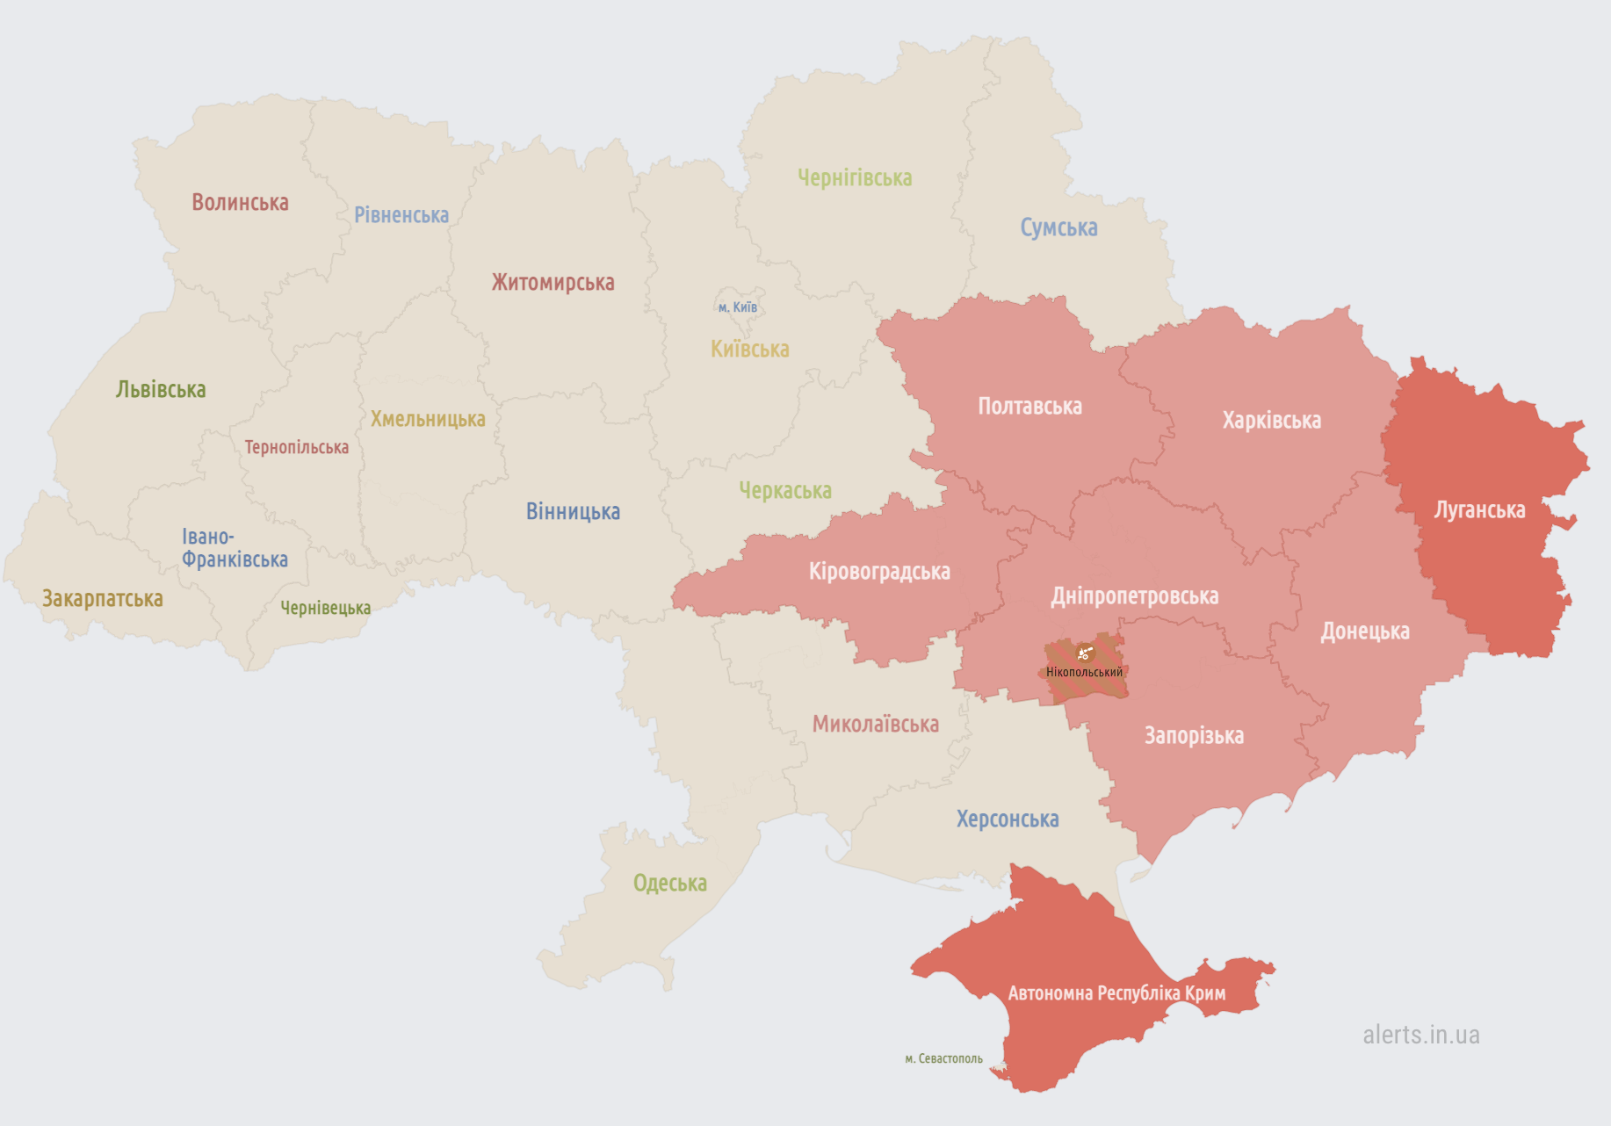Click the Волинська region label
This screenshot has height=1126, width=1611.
(x=240, y=202)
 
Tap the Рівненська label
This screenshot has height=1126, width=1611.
(x=401, y=215)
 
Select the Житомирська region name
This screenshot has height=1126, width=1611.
(x=553, y=283)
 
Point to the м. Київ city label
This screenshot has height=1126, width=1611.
(x=738, y=307)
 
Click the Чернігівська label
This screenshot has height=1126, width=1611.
(x=855, y=178)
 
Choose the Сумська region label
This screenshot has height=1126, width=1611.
(x=1058, y=227)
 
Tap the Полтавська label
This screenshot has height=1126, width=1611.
(x=1029, y=407)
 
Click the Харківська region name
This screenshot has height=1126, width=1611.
(x=1271, y=421)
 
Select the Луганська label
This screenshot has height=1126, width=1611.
(x=1479, y=510)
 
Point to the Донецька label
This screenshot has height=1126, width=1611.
(x=1365, y=632)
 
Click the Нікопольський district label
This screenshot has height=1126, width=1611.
(x=1084, y=673)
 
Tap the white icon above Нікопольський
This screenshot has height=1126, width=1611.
(x=1084, y=653)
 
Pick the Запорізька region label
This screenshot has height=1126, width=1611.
(x=1194, y=736)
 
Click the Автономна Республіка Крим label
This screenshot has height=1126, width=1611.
(x=1116, y=993)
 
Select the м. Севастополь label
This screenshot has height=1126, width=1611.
(x=943, y=1059)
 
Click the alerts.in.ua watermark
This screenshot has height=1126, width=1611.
(x=1420, y=1035)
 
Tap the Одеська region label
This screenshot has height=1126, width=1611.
(x=669, y=884)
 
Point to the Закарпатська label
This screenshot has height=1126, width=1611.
(x=103, y=599)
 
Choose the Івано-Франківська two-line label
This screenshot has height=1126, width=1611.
(x=235, y=548)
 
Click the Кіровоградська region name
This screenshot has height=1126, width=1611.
(x=879, y=572)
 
